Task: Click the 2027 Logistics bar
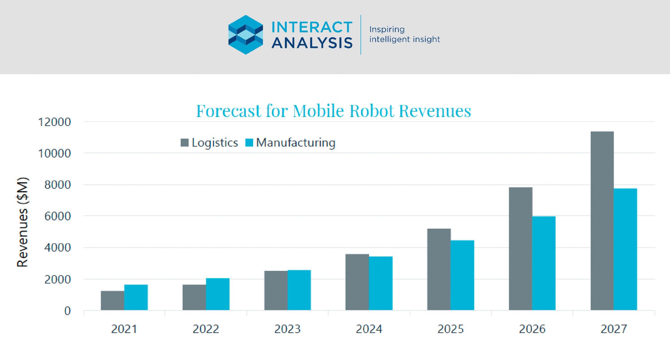602,221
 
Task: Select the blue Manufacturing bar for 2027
625,249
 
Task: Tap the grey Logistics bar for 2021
112,300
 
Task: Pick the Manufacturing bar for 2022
218,294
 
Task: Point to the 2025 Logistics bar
439,269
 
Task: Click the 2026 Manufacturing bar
544,263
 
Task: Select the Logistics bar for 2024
357,282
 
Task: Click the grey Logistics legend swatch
185,143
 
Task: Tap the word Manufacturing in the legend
296,143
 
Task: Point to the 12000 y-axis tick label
54,122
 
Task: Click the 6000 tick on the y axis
57,216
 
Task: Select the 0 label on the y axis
68,311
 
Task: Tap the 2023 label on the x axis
287,329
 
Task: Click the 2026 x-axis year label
532,329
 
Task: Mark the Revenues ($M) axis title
23,222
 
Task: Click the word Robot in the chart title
372,111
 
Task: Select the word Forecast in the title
228,111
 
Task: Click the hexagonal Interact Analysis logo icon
246,35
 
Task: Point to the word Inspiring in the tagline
387,29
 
